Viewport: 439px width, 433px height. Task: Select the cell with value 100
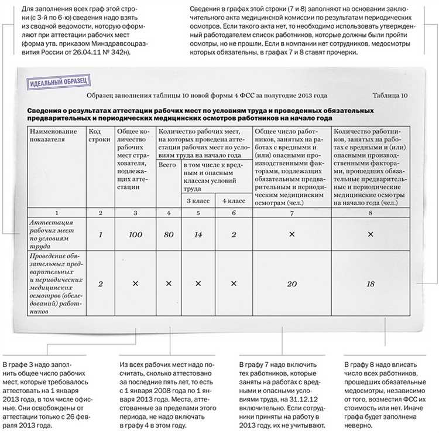click(x=135, y=234)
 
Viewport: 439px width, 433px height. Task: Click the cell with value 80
click(x=169, y=234)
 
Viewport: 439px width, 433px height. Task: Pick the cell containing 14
click(x=197, y=234)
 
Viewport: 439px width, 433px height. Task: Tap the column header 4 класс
click(x=233, y=201)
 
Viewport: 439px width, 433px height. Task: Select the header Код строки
click(x=100, y=136)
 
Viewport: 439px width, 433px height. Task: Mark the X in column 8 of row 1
click(x=370, y=234)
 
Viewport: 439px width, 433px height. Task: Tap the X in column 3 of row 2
click(x=135, y=284)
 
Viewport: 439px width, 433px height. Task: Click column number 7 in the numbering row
click(x=292, y=213)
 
